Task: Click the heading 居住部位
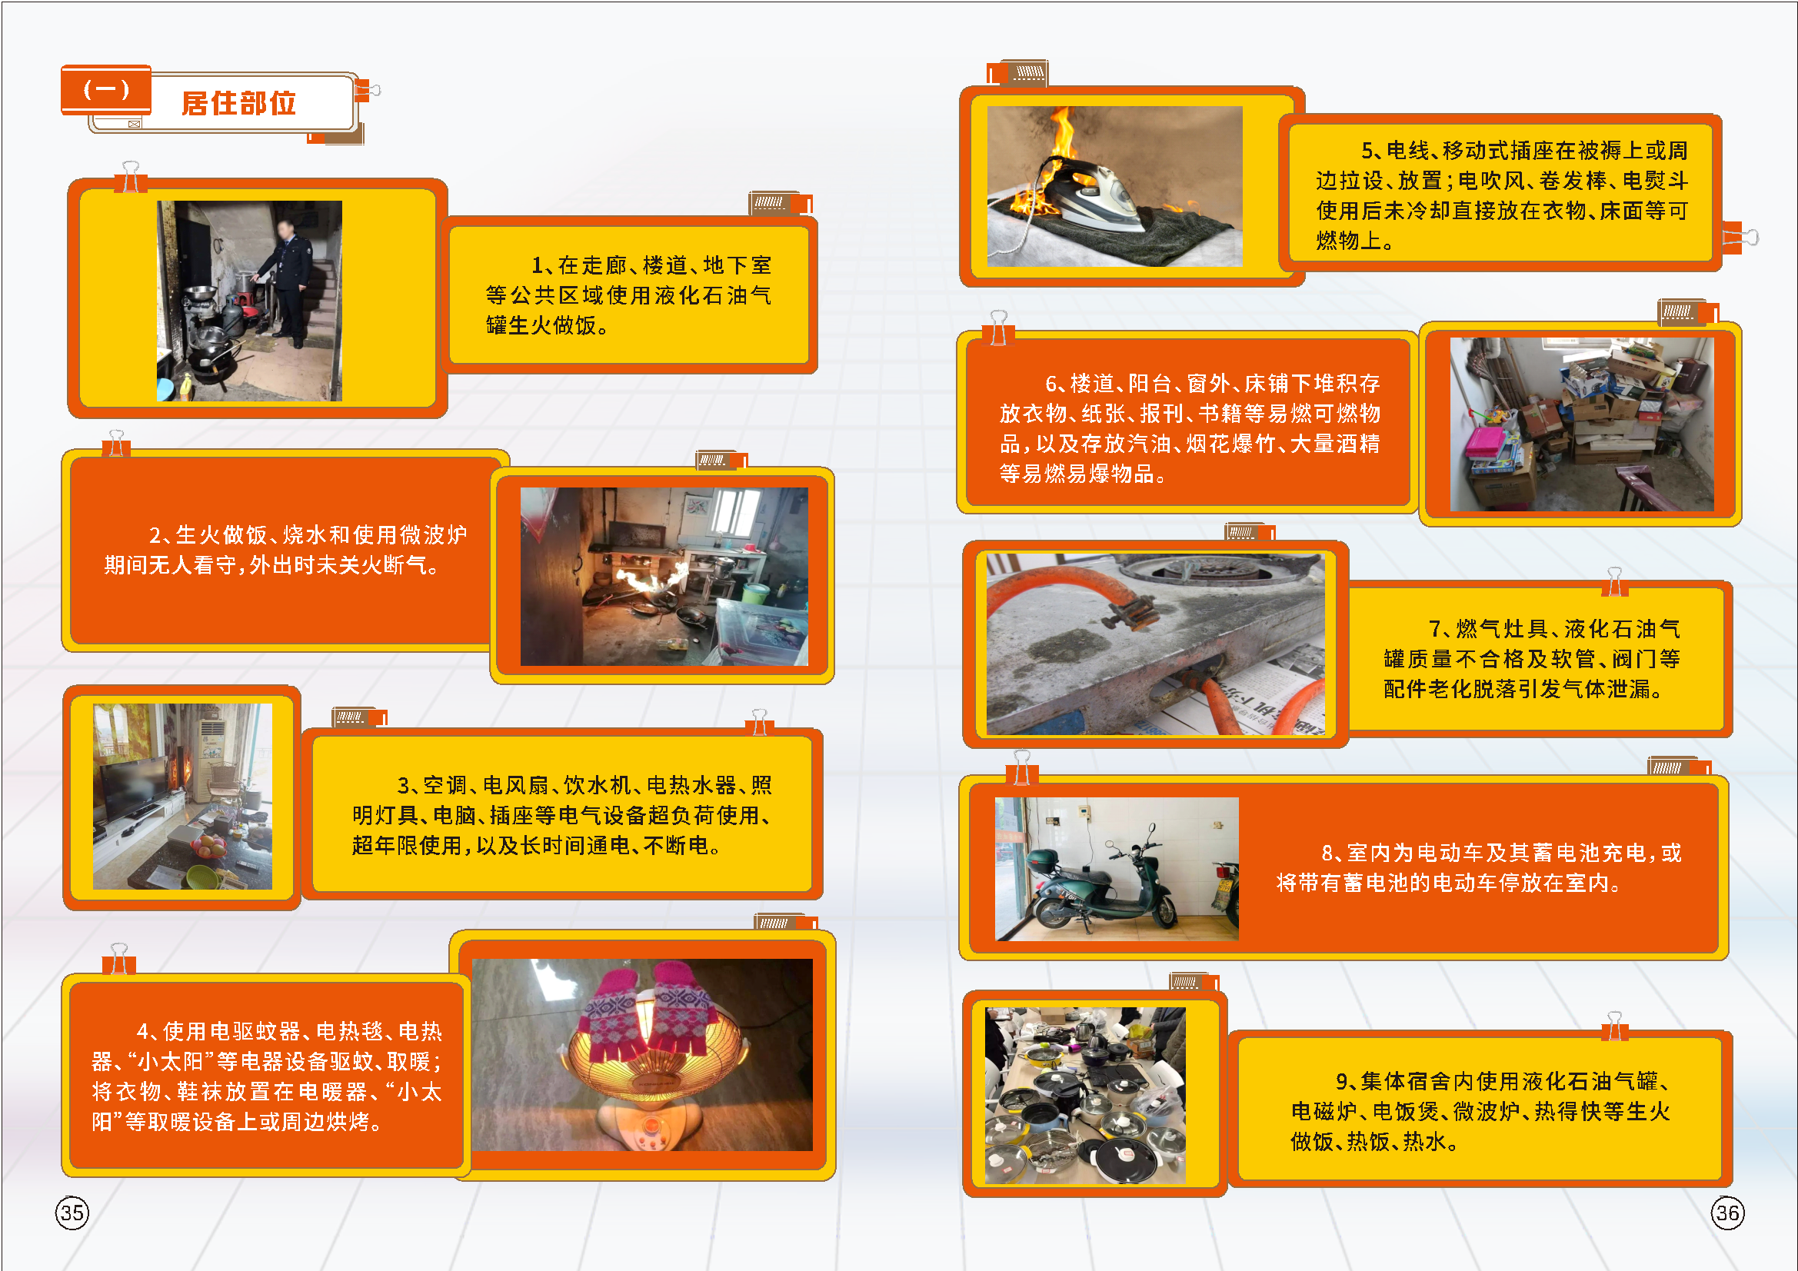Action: (239, 102)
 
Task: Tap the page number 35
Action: (72, 1213)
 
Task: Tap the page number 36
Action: (1727, 1213)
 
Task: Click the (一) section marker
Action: (105, 88)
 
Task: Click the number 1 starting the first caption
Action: (538, 265)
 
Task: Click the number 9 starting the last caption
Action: (1341, 1082)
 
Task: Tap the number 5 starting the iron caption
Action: (1367, 151)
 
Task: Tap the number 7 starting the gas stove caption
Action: (1435, 629)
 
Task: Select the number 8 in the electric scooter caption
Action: (1327, 853)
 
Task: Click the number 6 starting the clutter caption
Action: (1051, 384)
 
